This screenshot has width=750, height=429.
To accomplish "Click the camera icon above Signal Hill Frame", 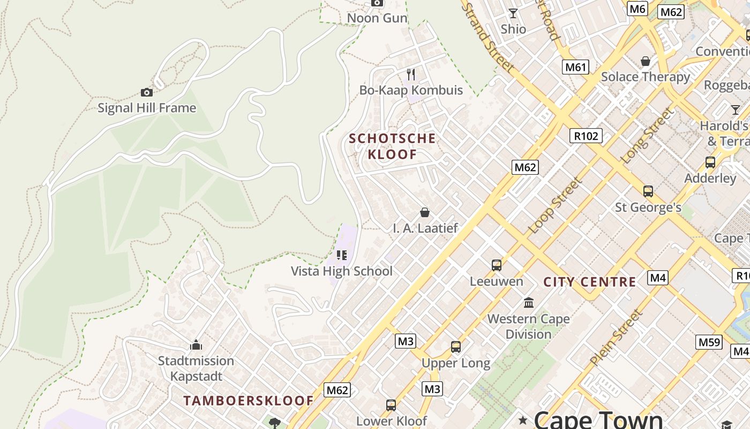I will click(x=146, y=92).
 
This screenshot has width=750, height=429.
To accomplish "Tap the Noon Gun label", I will click(x=377, y=18).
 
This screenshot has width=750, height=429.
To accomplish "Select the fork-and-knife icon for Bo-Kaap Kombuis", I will click(x=411, y=74).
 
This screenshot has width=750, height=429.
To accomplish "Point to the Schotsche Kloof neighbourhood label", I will click(x=392, y=146).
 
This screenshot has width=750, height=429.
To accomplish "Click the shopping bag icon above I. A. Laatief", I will click(x=425, y=212).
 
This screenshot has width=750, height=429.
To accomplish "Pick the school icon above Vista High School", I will click(x=342, y=255).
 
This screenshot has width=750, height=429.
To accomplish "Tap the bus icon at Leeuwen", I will click(x=497, y=265).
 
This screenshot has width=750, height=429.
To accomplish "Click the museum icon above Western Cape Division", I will click(x=529, y=302).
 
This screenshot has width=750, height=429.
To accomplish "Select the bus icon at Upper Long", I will click(x=455, y=347).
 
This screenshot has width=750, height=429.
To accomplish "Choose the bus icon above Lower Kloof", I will click(x=391, y=405).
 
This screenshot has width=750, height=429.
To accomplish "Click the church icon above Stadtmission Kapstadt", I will click(x=196, y=344).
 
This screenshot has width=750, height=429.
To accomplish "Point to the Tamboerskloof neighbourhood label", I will click(x=249, y=401).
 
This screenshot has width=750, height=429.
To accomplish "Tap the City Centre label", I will click(x=590, y=282).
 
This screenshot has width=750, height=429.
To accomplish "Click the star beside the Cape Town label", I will click(x=523, y=419).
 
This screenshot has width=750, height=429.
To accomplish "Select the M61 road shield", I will click(x=576, y=67).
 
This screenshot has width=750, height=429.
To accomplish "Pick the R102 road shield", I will click(x=586, y=136).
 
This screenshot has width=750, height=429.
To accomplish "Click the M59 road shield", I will click(x=709, y=342).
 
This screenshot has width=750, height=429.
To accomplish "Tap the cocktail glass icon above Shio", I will click(x=513, y=13).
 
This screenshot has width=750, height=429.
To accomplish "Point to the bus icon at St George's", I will click(x=648, y=191).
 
